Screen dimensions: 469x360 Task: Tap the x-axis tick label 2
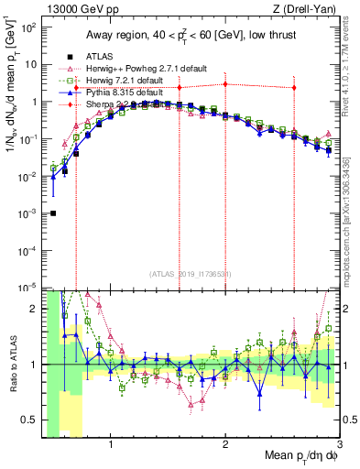coord(225,446)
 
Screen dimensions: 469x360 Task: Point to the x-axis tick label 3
coord(339,446)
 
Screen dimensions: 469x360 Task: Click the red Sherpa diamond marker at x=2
coord(225,84)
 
